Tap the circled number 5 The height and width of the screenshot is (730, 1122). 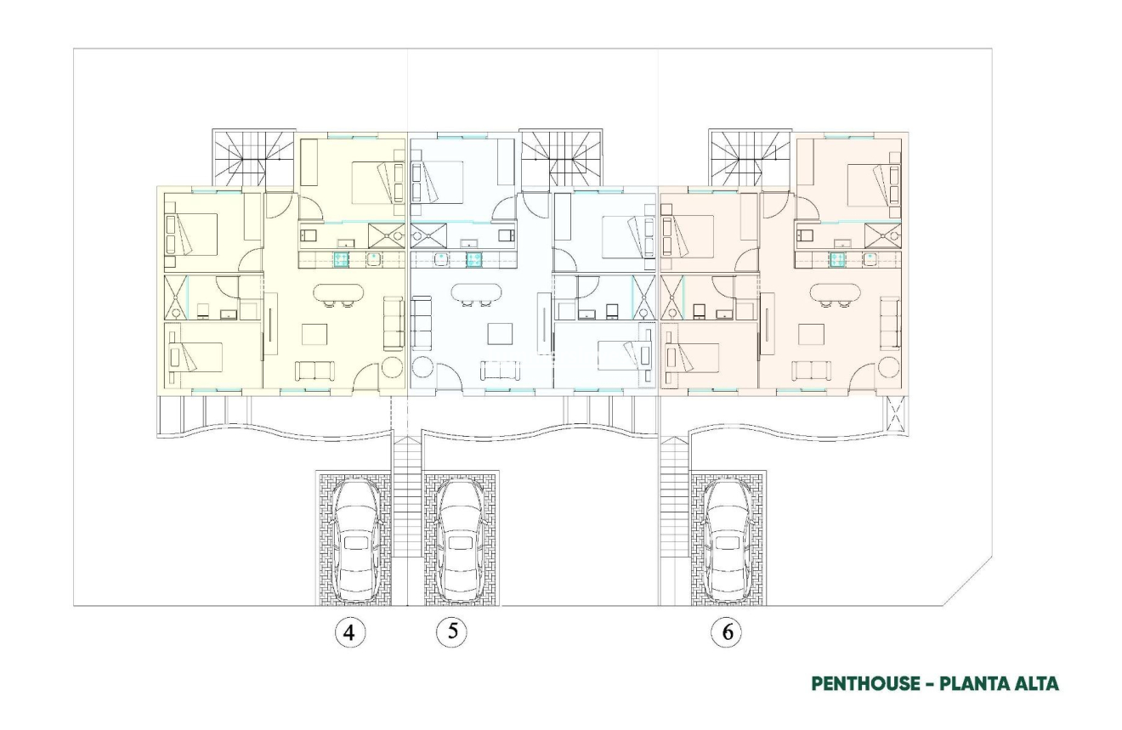[451, 631]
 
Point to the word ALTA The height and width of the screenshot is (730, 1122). [1032, 684]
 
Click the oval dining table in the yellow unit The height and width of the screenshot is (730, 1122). [337, 293]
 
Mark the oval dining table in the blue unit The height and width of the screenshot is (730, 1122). [476, 293]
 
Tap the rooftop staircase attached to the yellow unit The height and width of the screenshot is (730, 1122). [252, 157]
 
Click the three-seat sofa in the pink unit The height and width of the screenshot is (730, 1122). [890, 324]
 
